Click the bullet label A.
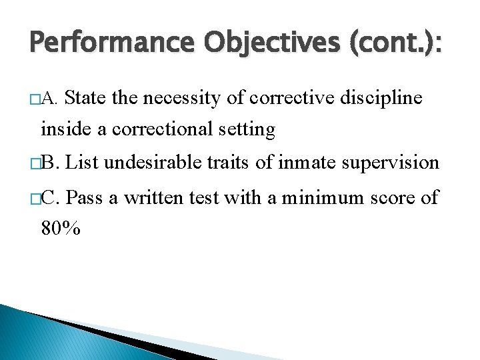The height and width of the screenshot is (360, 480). (51, 99)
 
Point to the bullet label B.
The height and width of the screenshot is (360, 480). (51, 162)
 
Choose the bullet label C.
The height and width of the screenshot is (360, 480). (51, 198)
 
